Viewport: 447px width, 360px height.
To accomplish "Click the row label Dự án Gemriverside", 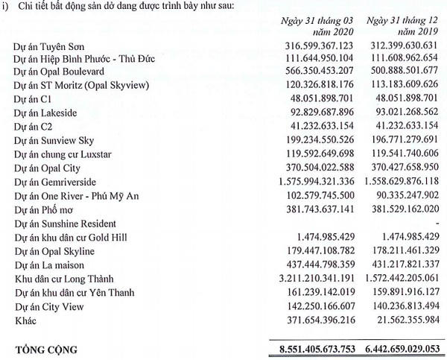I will (x=56, y=182).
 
